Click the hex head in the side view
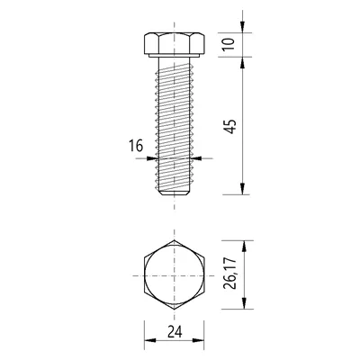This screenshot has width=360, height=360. point(174,44)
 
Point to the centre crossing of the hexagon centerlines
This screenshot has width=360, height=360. point(175,275)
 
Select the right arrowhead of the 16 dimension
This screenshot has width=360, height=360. point(195,157)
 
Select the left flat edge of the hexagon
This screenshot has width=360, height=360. point(143,275)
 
